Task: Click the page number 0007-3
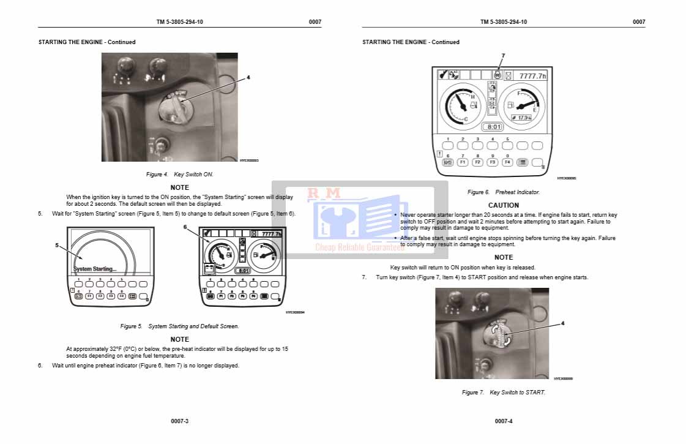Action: pos(179,421)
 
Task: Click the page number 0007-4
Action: pos(504,421)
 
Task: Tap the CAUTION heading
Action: pos(504,205)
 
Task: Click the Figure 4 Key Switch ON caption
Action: pos(179,175)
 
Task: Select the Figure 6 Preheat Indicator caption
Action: pos(504,192)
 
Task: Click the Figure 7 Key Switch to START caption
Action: pos(504,393)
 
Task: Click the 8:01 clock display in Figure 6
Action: pos(493,127)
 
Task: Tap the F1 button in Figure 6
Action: pos(463,162)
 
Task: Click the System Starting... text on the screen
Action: pos(94,269)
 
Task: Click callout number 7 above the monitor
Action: pos(503,56)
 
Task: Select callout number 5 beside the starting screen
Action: pos(57,245)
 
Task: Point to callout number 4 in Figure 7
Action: pos(563,323)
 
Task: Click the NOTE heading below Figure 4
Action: pos(179,187)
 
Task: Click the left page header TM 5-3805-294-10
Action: pos(179,22)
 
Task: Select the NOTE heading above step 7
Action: pos(504,257)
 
